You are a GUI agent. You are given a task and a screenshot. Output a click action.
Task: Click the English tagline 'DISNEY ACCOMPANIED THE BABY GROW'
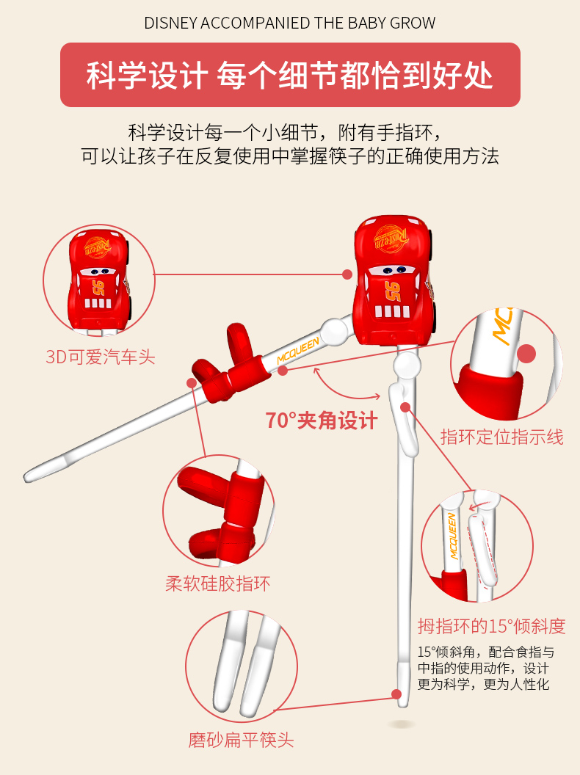pos(290,23)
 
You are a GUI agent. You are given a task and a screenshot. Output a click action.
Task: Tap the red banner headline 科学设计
pos(147,76)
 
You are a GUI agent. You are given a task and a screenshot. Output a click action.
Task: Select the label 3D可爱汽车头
pos(101,357)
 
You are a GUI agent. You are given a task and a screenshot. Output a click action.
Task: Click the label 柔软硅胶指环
pos(217,583)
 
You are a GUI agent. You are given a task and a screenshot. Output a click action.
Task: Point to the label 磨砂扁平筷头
pos(241,740)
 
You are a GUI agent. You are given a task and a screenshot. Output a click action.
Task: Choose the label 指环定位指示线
pos(502,437)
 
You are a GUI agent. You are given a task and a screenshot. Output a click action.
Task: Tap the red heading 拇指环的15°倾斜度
pos(491,626)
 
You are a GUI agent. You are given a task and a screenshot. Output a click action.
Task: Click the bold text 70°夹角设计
pos(322,421)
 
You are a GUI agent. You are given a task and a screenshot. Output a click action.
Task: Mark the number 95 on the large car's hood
pos(394,291)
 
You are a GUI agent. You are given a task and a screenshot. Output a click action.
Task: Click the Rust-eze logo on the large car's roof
pos(391,239)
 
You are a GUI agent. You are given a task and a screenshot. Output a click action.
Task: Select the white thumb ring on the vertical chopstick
pos(404,419)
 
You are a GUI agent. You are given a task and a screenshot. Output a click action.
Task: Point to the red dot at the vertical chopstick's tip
pos(396,694)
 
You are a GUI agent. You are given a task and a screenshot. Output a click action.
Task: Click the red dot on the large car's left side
pos(347,274)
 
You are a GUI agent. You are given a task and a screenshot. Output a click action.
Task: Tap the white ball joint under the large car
pos(407,364)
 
